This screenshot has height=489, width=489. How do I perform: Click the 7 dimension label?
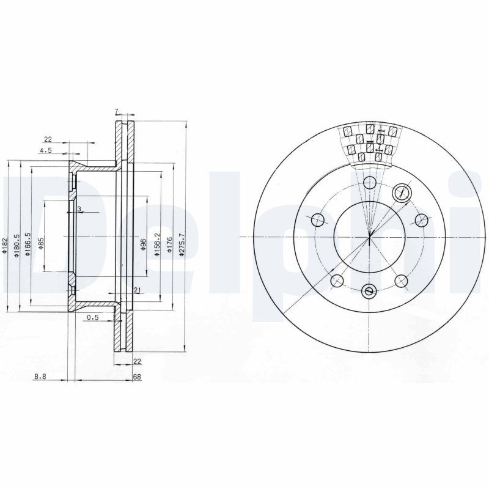pos(116,111)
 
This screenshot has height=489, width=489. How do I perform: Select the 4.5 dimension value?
pos(45,150)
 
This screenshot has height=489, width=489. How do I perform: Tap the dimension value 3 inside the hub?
pos(79,209)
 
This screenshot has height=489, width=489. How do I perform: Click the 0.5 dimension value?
pos(93,317)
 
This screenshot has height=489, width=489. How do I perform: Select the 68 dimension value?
pos(137,377)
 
